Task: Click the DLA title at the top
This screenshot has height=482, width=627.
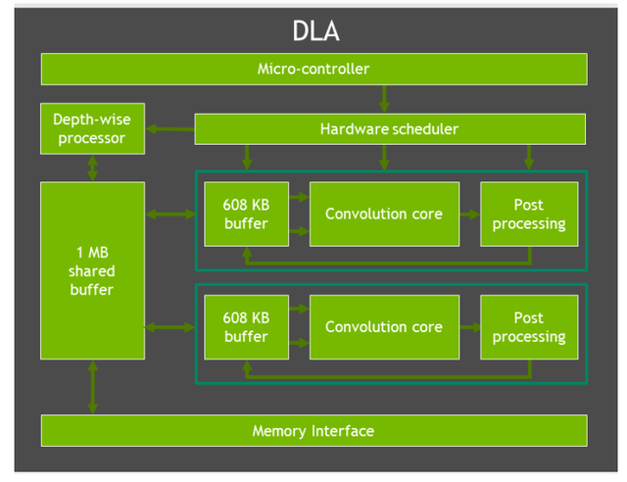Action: [315, 30]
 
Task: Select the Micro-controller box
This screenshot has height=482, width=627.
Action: [313, 70]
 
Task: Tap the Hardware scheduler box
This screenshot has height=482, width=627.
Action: [389, 129]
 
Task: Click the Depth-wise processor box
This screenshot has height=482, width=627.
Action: [92, 129]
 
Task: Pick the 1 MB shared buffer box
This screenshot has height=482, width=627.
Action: [92, 270]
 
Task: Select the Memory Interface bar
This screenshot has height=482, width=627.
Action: [313, 431]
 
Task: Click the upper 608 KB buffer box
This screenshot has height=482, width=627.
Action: [246, 215]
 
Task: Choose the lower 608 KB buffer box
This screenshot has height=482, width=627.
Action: [246, 327]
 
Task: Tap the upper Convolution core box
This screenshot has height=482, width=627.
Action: [384, 215]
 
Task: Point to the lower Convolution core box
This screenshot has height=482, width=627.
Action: [384, 327]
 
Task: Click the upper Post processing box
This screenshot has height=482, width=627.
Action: [528, 215]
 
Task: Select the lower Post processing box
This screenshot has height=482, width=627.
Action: [528, 327]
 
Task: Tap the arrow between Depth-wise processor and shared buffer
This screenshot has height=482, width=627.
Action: [93, 168]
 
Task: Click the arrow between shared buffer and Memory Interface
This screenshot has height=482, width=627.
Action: [93, 386]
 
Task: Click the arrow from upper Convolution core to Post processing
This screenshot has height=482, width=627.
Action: [469, 215]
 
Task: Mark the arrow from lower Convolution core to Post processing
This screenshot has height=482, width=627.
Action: [469, 327]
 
